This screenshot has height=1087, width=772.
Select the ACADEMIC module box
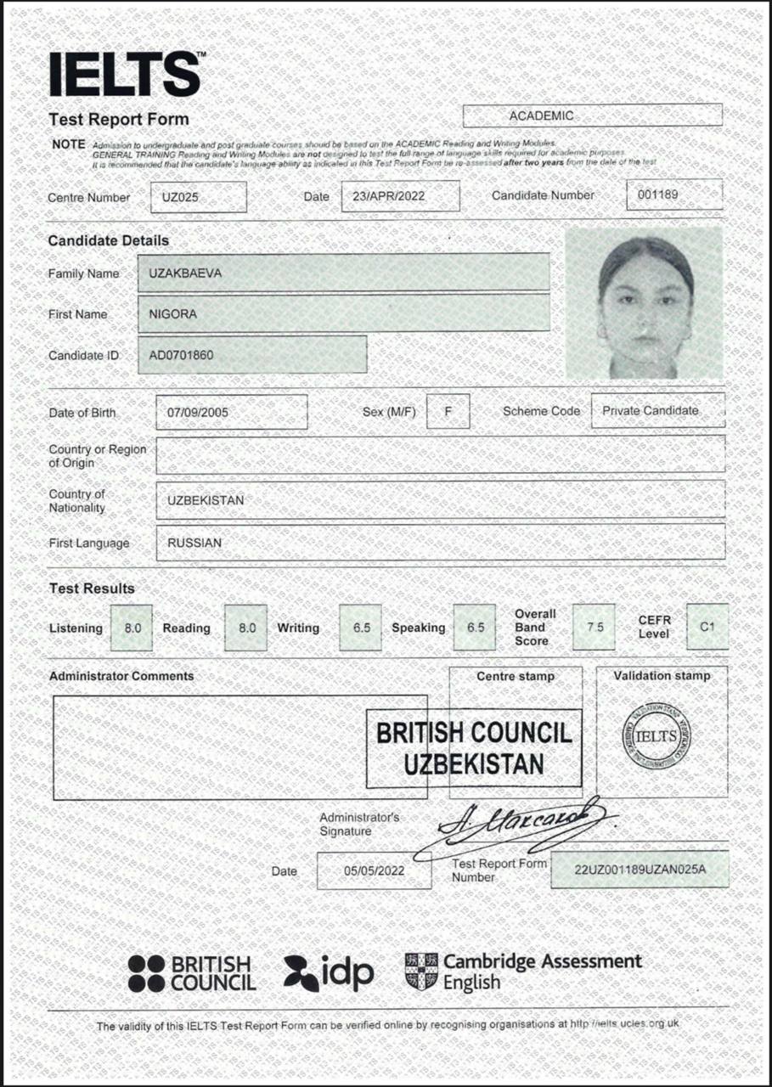click(x=592, y=115)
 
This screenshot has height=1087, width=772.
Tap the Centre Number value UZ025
click(x=198, y=197)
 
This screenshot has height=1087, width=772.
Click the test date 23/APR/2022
click(x=400, y=196)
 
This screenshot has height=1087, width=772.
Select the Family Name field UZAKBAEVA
click(x=343, y=273)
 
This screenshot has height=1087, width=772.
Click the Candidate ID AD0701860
click(x=252, y=354)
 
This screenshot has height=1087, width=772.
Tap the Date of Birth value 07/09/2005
click(x=231, y=413)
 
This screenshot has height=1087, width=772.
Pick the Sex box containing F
click(x=448, y=411)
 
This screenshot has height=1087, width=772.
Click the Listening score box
click(x=132, y=628)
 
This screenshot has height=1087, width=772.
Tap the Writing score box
click(x=360, y=628)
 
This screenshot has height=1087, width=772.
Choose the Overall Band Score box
click(x=594, y=628)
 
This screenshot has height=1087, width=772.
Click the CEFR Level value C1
click(x=707, y=627)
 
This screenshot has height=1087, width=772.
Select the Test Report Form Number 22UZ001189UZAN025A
click(x=640, y=870)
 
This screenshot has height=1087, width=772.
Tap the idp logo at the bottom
click(x=329, y=973)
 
